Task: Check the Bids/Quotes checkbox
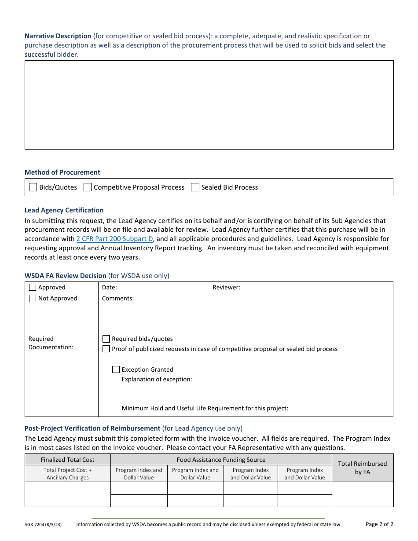[x=33, y=187]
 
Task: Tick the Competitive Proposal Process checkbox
[x=88, y=187]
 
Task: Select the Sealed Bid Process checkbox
[x=195, y=187]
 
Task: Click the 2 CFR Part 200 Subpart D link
[x=115, y=239]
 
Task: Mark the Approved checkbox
[x=33, y=287]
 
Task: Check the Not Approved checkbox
[x=33, y=298]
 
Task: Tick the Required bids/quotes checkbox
[x=106, y=339]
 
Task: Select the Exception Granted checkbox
[x=116, y=369]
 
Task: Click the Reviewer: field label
[x=226, y=287]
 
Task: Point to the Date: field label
[x=110, y=287]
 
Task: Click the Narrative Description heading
[x=58, y=36]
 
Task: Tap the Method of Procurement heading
[x=62, y=172]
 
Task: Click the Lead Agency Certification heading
[x=64, y=210]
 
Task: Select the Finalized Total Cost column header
[x=68, y=460]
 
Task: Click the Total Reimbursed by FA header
[x=362, y=468]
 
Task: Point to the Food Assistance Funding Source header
[x=221, y=460]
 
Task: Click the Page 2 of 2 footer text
[x=379, y=524]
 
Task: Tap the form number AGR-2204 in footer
[x=43, y=524]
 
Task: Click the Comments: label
[x=118, y=298]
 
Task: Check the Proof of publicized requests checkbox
[x=106, y=349]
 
